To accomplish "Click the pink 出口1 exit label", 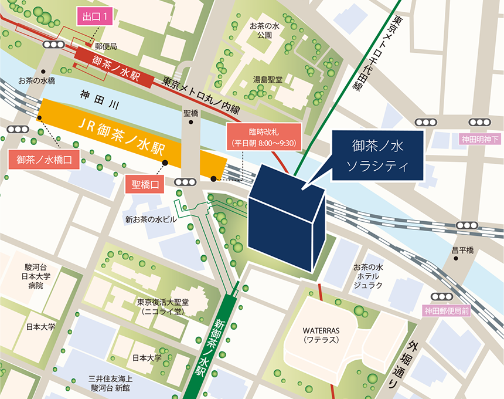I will pos(94,18).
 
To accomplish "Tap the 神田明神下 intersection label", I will pos(480,140).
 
